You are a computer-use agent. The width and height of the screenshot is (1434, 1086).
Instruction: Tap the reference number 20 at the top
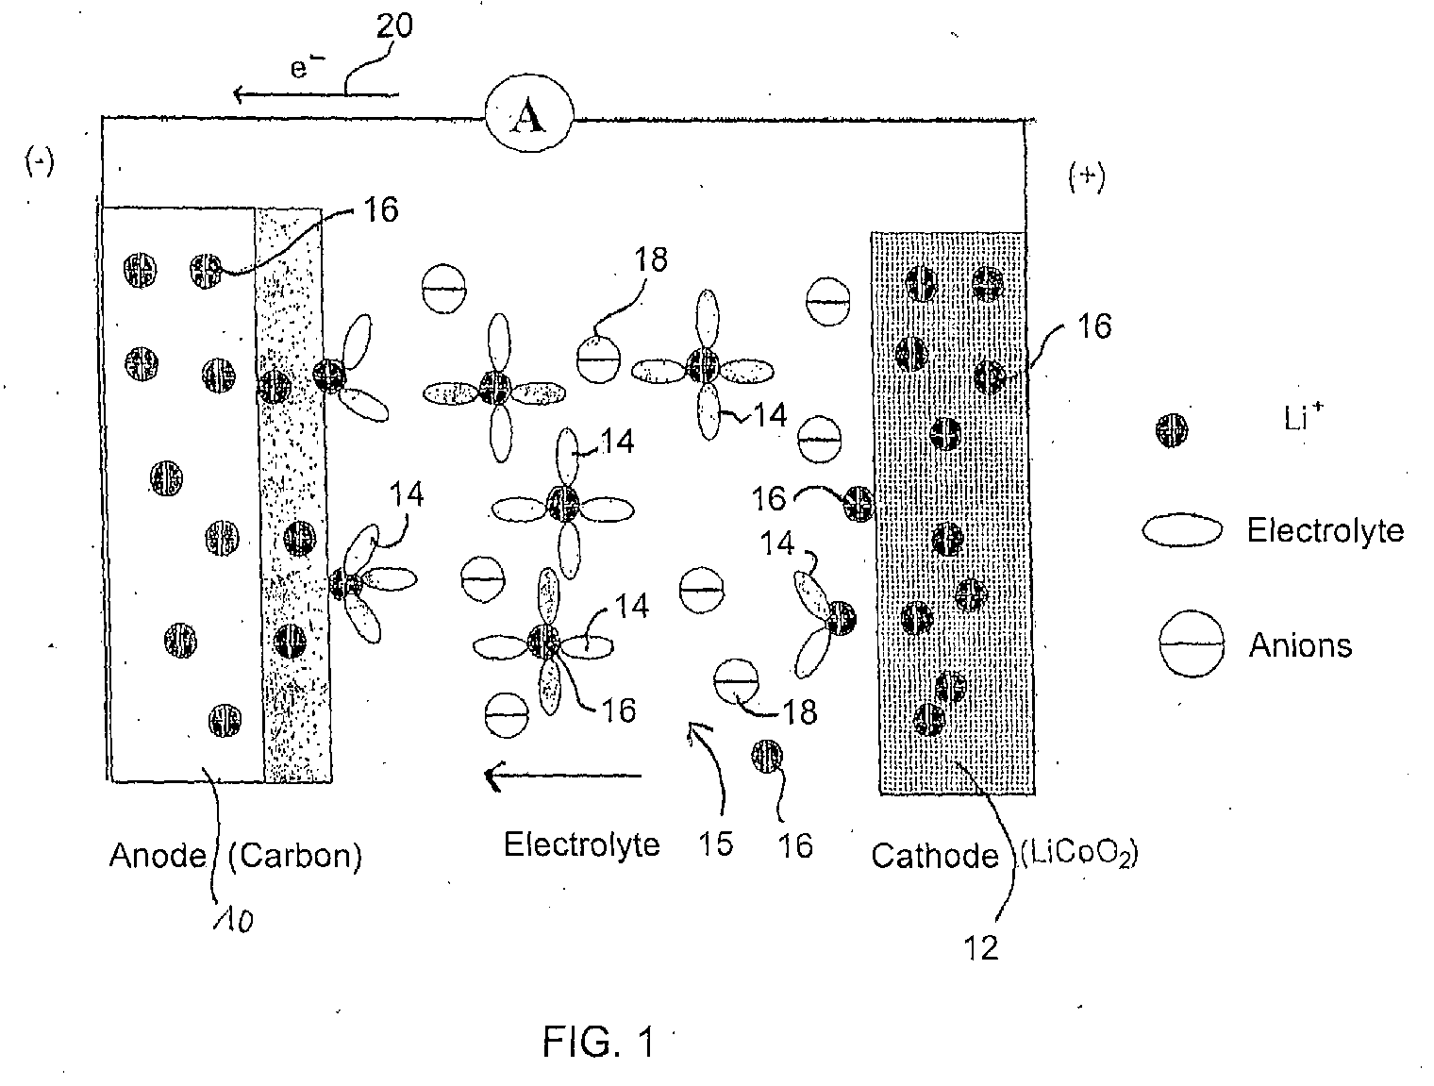pyautogui.click(x=394, y=26)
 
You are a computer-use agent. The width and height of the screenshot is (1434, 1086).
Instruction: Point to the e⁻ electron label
pyautogui.click(x=307, y=66)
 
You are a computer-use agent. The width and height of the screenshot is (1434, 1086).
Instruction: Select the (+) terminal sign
pyautogui.click(x=1087, y=177)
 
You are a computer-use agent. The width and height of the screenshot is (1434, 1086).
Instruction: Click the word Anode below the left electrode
pyautogui.click(x=158, y=856)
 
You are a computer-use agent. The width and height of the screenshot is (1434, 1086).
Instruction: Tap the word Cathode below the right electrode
pyautogui.click(x=935, y=856)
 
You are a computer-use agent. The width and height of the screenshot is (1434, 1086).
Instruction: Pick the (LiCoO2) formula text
pyautogui.click(x=1079, y=855)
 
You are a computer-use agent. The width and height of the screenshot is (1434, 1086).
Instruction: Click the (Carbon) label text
pyautogui.click(x=294, y=856)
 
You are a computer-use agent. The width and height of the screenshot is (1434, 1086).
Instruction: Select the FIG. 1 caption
pyautogui.click(x=598, y=1043)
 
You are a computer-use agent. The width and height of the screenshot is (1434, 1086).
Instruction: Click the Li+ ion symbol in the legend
pyautogui.click(x=1172, y=430)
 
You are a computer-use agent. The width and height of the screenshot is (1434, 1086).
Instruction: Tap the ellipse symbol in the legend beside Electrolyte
pyautogui.click(x=1182, y=530)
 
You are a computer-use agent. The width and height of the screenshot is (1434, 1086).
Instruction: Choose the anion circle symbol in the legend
pyautogui.click(x=1192, y=643)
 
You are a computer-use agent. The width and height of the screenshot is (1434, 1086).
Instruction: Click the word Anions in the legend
pyautogui.click(x=1300, y=645)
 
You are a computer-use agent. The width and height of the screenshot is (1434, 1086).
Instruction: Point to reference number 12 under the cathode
pyautogui.click(x=981, y=948)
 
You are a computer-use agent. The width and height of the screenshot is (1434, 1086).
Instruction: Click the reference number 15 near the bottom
pyautogui.click(x=715, y=844)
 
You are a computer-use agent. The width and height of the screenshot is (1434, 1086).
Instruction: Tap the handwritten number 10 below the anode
pyautogui.click(x=234, y=921)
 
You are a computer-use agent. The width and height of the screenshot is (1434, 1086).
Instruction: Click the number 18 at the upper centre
pyautogui.click(x=651, y=260)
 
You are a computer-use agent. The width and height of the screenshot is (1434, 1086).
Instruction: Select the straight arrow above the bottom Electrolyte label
pyautogui.click(x=563, y=776)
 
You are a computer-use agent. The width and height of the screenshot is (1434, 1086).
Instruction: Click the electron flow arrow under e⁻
pyautogui.click(x=316, y=94)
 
